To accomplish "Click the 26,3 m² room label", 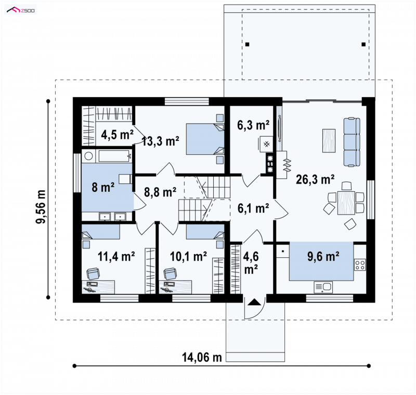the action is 315,179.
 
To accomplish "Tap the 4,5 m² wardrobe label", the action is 117,135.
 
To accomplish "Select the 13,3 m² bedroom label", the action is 161,141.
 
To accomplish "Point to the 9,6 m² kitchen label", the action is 323,256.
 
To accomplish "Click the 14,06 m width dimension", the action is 202,358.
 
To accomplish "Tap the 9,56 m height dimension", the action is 42,207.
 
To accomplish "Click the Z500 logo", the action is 21,10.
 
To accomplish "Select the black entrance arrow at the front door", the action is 254,302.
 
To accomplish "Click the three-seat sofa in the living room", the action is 352,142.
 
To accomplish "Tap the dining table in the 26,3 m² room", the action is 346,203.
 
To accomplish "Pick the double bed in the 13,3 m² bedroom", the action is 205,139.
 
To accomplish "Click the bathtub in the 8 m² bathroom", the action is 114,156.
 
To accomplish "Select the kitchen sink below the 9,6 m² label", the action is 323,287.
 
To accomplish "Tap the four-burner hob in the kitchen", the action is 360,265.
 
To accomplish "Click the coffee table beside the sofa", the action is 329,140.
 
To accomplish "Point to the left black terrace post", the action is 248,45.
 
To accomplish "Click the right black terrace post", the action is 363,45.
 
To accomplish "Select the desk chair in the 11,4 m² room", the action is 93,273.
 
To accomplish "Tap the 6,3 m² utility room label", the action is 253,125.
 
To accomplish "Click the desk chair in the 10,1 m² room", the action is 170,273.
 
